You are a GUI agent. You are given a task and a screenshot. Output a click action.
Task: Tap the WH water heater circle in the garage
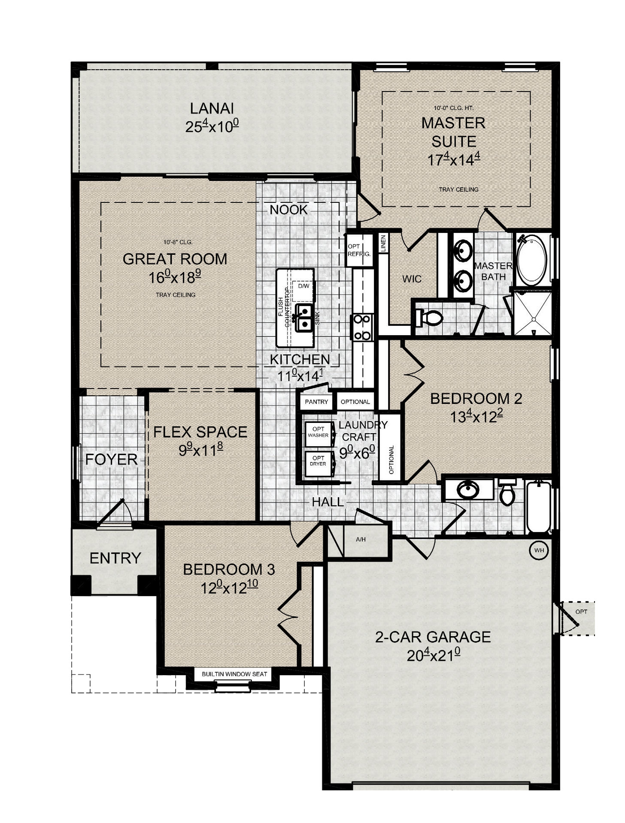[539, 550]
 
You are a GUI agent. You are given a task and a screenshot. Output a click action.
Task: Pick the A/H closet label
[361, 539]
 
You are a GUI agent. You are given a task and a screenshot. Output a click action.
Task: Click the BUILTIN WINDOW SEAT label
[234, 674]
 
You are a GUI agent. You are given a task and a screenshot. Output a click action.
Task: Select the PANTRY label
[316, 402]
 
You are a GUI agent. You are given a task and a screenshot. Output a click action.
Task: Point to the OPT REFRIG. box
[359, 250]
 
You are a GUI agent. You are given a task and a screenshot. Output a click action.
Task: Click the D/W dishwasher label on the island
[303, 286]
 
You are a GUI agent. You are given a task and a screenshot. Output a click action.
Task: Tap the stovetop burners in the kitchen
[362, 327]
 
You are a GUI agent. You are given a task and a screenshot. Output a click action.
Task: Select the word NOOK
[289, 210]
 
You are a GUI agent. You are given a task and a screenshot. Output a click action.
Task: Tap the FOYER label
[111, 459]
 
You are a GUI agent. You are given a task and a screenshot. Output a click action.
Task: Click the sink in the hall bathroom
[468, 490]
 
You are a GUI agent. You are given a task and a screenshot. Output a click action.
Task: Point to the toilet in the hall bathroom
[507, 493]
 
